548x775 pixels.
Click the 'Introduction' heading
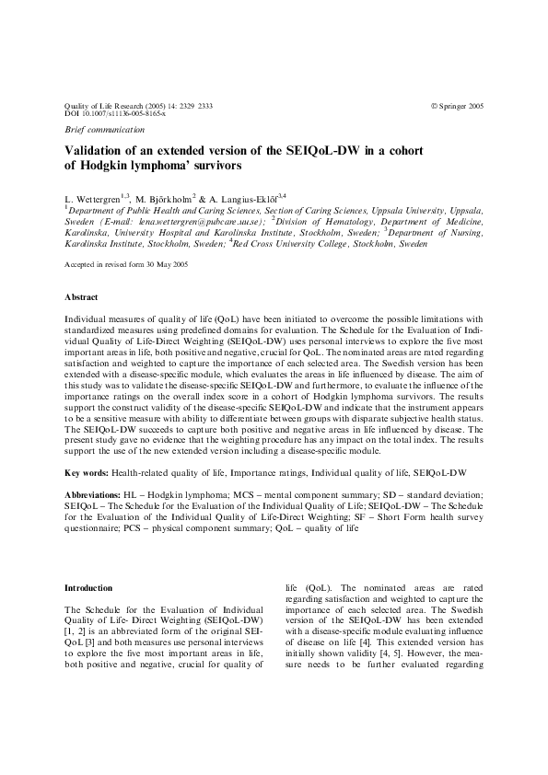88,587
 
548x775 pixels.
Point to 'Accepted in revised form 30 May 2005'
126,263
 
